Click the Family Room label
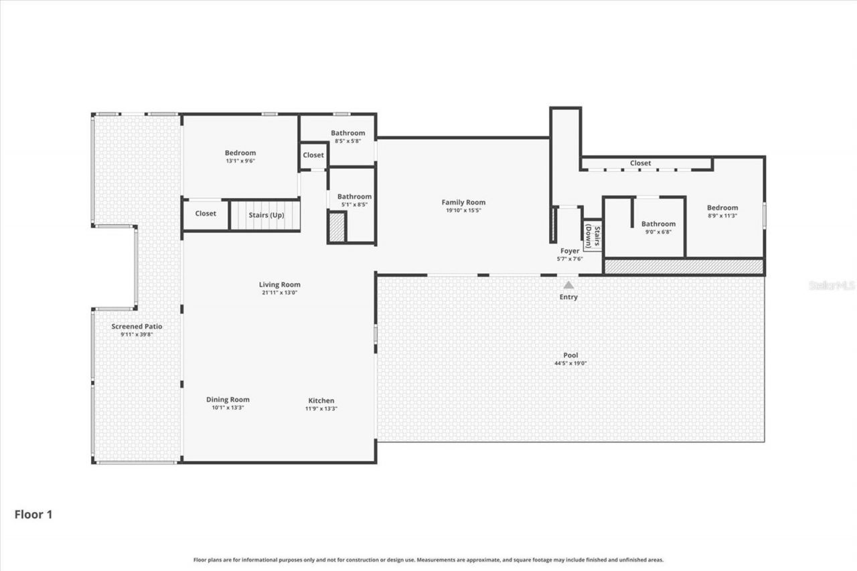(463, 202)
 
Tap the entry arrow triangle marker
(568, 285)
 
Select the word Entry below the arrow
(568, 297)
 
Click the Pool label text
(570, 355)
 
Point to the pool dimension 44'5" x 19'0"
(570, 363)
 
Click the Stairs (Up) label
(265, 215)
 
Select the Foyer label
(570, 251)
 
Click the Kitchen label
(321, 400)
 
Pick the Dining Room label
(228, 400)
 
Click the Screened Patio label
(137, 327)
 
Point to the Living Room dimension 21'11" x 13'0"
(279, 293)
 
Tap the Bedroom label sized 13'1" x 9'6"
(240, 153)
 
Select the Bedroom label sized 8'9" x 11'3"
(722, 208)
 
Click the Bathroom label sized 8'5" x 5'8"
(347, 133)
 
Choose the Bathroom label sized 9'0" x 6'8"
(658, 224)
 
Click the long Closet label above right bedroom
(640, 163)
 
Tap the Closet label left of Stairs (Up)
(206, 214)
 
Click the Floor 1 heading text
(33, 515)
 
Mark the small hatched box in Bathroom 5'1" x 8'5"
(337, 226)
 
